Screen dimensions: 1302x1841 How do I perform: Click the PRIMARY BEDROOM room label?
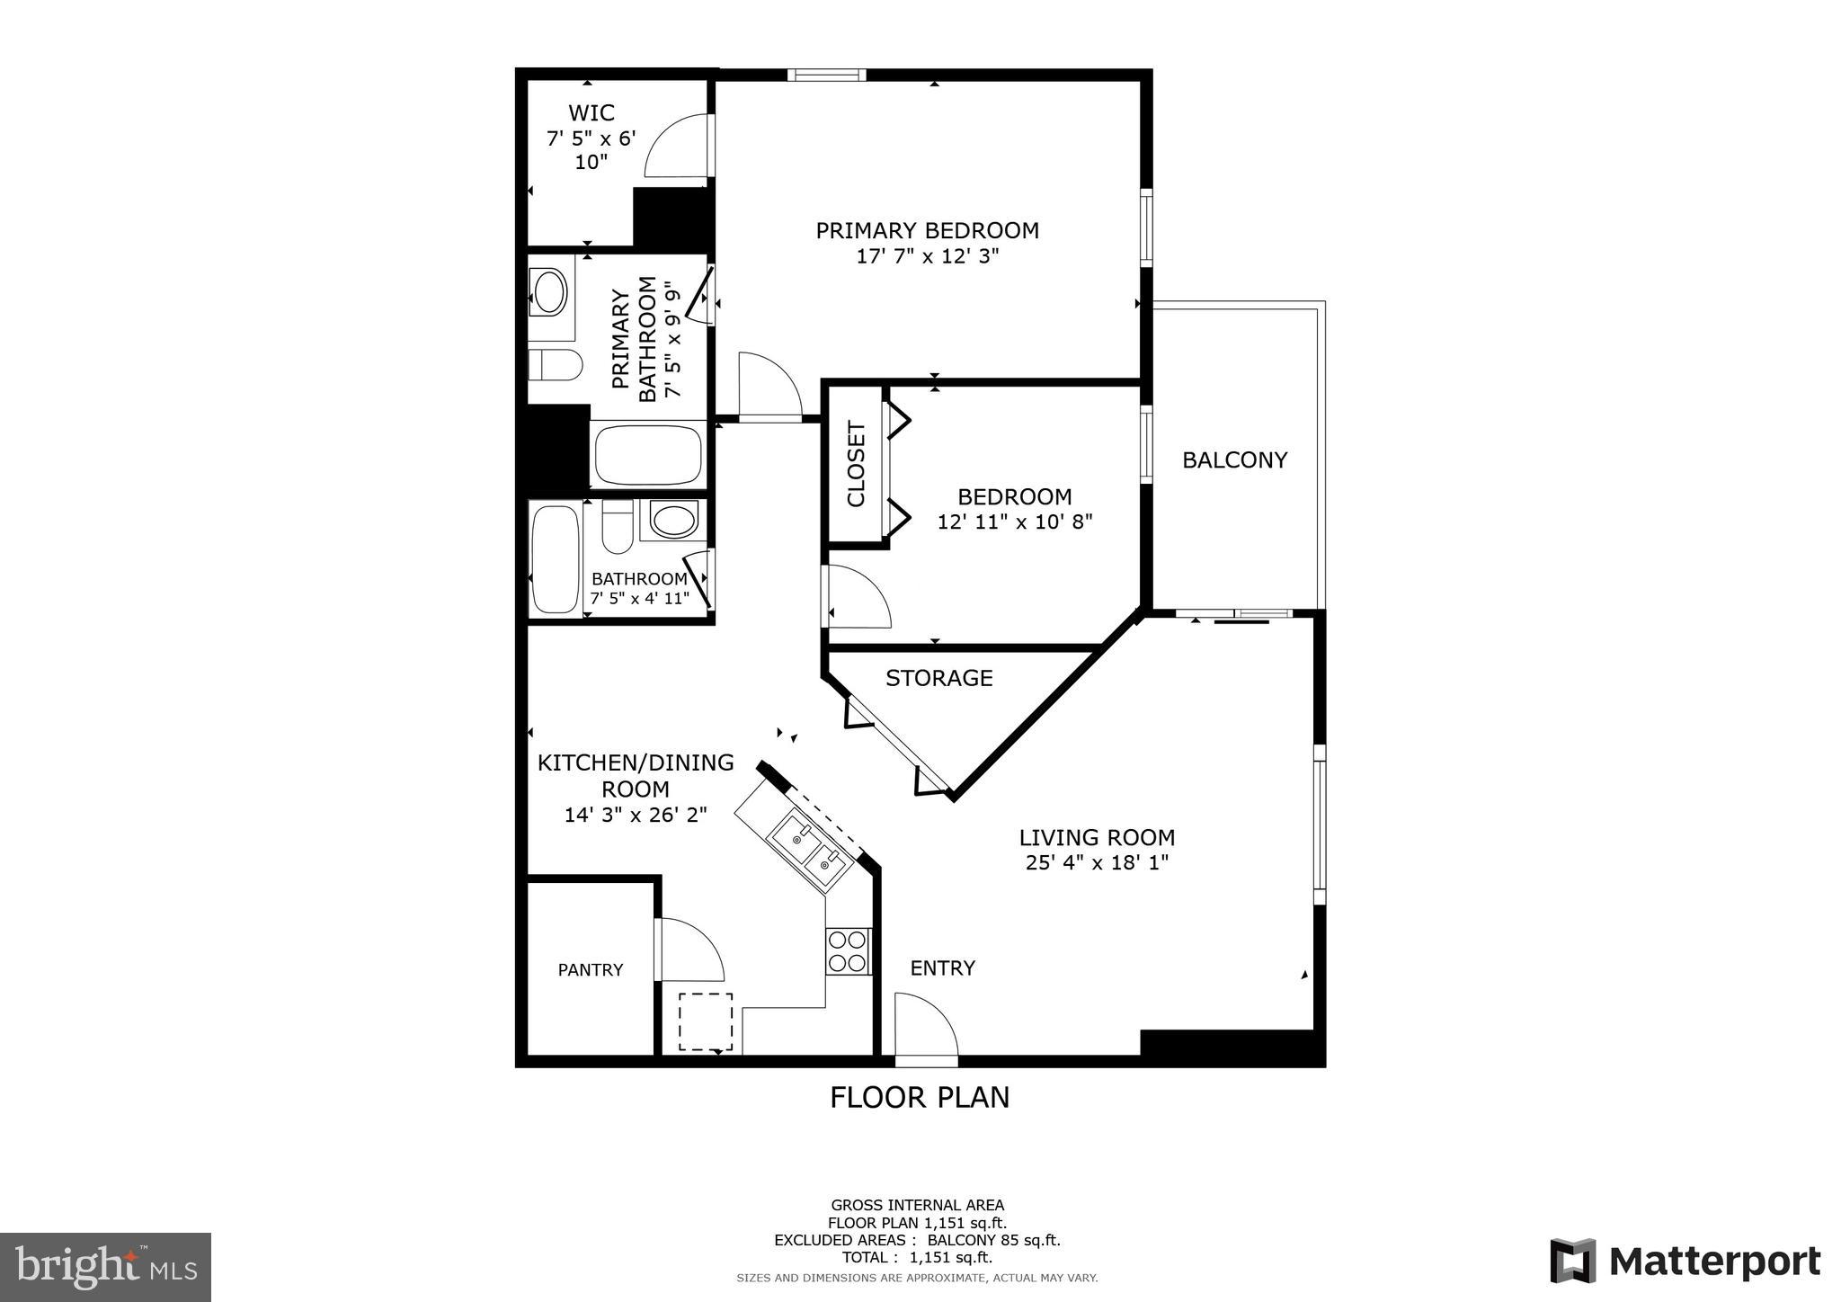(x=927, y=230)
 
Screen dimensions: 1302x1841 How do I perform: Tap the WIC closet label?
(x=591, y=113)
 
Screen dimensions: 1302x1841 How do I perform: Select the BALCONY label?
(x=1234, y=460)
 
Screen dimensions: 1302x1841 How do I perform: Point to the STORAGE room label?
(x=938, y=678)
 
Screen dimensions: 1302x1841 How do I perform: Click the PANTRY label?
(x=590, y=969)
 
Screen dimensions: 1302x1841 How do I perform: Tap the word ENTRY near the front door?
(x=942, y=968)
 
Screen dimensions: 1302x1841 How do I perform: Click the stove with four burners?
(x=849, y=951)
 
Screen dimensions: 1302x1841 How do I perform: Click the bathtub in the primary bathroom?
(x=647, y=455)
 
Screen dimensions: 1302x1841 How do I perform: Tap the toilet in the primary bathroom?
(x=554, y=364)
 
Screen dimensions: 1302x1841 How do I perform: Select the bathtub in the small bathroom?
(x=555, y=559)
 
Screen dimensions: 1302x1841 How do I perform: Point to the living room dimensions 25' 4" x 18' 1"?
(x=1096, y=863)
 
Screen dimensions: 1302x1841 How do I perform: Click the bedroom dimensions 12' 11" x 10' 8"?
(x=1014, y=522)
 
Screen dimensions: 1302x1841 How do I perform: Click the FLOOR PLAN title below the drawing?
(x=919, y=1098)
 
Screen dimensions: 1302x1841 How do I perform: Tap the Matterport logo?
(x=1685, y=1262)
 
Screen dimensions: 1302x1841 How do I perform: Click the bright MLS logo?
(x=105, y=1267)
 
